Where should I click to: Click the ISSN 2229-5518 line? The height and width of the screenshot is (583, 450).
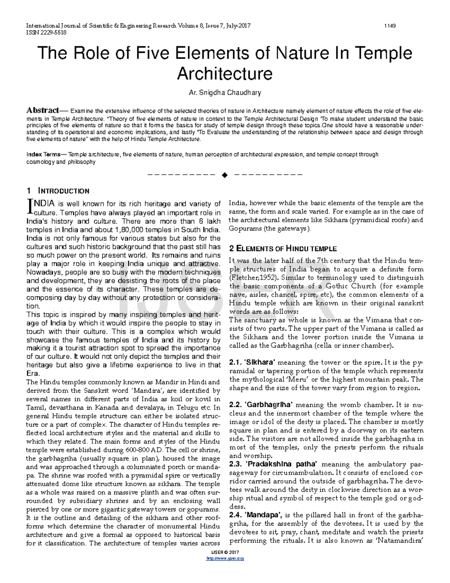pos(46,32)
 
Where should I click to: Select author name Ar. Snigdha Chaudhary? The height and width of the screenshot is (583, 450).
pos(225,92)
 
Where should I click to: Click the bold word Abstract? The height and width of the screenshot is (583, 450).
pos(42,110)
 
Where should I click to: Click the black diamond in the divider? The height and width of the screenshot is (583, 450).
pos(225,175)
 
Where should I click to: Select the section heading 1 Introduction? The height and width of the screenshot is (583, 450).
pos(58,191)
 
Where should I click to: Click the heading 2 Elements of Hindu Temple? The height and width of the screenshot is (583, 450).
pos(283,249)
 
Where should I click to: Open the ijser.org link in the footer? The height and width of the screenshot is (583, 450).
pos(225,559)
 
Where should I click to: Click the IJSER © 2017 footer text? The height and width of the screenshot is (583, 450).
pos(225,552)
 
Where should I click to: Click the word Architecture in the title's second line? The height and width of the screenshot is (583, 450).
pos(224,73)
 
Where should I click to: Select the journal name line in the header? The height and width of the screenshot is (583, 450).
pos(138,26)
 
